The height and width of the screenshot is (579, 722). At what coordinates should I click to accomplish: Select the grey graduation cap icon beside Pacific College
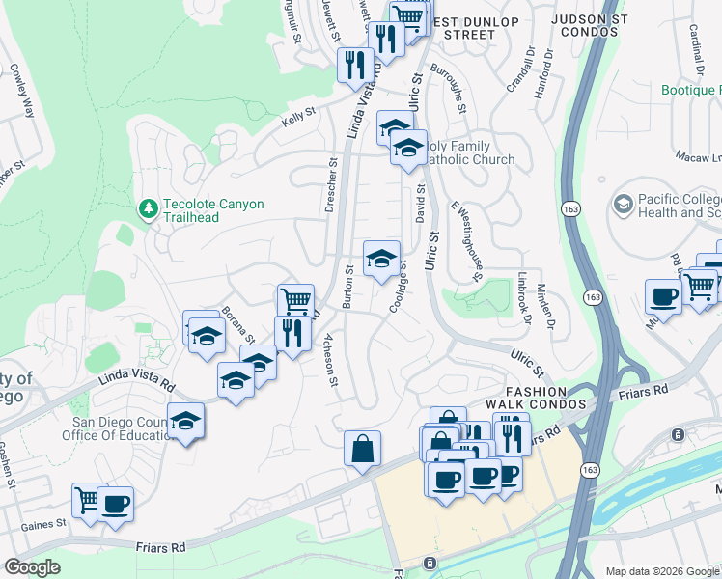coord(623,205)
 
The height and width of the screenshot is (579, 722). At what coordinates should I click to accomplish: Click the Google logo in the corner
coord(33,567)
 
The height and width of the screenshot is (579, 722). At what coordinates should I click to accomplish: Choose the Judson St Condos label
coord(583,25)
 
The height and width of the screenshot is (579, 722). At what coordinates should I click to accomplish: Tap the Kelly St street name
coord(298,115)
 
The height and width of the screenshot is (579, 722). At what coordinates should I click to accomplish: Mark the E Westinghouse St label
coord(466,241)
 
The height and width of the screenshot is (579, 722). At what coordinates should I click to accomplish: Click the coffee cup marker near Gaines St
coord(116,503)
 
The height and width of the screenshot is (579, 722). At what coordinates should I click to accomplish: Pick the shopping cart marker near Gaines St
coord(90,500)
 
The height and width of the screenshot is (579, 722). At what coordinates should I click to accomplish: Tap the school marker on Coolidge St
coord(381,258)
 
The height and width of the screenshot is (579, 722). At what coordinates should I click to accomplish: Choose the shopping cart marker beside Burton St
coord(295,300)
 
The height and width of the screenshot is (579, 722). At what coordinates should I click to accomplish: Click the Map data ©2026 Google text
coord(661,571)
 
